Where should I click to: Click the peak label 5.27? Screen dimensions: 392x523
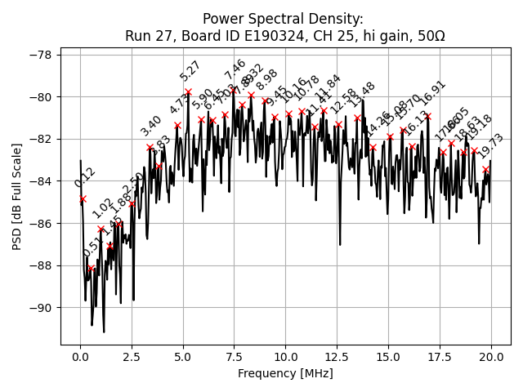(190, 71)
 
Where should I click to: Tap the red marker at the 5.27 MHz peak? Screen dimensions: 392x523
(188, 92)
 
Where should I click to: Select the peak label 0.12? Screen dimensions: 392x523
(85, 177)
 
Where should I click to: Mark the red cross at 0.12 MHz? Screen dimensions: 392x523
(83, 198)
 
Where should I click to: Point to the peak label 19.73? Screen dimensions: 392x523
(491, 146)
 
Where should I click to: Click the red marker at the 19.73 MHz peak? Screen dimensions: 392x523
(485, 169)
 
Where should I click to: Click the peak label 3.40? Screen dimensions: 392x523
(151, 126)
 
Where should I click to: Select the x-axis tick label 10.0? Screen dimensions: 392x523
(285, 357)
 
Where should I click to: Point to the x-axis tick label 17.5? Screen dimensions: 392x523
(440, 357)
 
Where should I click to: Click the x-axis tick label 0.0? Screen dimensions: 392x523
(80, 357)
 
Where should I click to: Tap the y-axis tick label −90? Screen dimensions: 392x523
(41, 308)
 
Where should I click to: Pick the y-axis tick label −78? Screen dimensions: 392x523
(41, 55)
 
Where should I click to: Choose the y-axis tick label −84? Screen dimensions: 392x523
(41, 181)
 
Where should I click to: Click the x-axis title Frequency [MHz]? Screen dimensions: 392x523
(285, 374)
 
